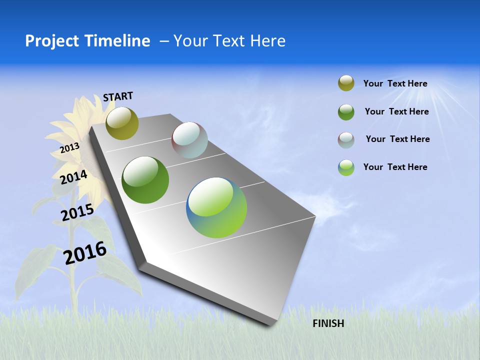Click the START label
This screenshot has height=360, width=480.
118,96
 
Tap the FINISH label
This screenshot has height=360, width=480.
328,323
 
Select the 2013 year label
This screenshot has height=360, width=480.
69,148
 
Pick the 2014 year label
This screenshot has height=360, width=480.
73,177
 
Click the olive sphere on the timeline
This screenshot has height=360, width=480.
122,123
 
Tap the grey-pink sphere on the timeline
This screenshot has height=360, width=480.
189,140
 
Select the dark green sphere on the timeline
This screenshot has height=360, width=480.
145,180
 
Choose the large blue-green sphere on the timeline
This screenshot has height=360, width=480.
216,207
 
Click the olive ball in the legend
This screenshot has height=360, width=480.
346,83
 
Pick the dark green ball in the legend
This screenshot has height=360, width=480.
346,111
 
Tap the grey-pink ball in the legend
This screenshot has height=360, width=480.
346,139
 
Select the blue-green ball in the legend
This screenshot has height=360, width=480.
346,167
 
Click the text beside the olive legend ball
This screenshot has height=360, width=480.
395,83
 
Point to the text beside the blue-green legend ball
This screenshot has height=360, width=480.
395,167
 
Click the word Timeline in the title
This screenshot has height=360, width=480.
118,41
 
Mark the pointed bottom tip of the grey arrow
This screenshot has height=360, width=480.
270,325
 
